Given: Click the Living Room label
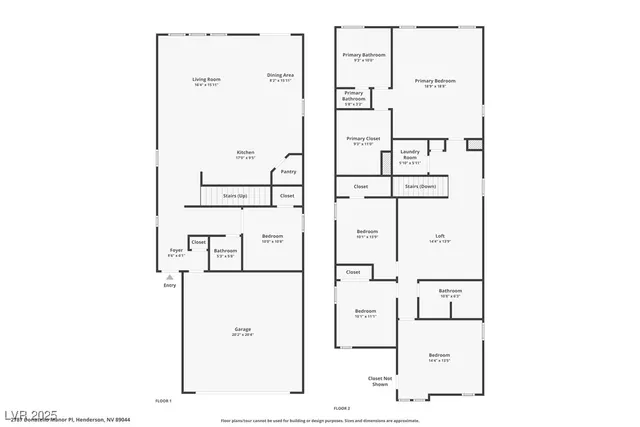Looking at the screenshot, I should (x=207, y=79).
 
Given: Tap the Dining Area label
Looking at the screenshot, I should (x=280, y=75).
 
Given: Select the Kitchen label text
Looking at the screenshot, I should (x=245, y=152).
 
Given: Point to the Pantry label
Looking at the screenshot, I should (x=288, y=171).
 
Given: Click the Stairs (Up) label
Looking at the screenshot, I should (x=235, y=196).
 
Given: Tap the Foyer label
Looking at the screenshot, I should (x=176, y=250).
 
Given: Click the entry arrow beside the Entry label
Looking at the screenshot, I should (x=169, y=277).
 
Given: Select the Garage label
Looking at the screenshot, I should (x=243, y=329).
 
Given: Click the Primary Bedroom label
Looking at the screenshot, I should (x=435, y=81).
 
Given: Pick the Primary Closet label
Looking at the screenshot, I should (x=363, y=139).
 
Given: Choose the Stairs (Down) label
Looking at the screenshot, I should (x=420, y=186).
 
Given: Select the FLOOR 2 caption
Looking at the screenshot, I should (x=342, y=408).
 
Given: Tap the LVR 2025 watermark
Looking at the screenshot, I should (x=30, y=413).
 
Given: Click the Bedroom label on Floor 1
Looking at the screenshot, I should (x=272, y=236).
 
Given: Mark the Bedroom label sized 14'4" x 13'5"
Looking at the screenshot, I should (x=440, y=355).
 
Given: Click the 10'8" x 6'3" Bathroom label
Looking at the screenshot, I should (x=450, y=292).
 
